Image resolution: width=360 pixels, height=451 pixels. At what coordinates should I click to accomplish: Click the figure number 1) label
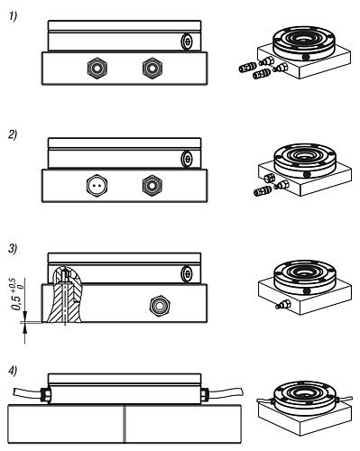pyautogui.click(x=13, y=16)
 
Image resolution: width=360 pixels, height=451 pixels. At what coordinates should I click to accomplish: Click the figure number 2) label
pyautogui.click(x=13, y=134)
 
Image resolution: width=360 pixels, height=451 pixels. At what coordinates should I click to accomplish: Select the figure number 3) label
pyautogui.click(x=13, y=249)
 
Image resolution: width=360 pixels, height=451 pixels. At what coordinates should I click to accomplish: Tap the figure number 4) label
pyautogui.click(x=13, y=372)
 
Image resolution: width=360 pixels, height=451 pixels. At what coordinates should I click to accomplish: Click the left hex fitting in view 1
pyautogui.click(x=97, y=68)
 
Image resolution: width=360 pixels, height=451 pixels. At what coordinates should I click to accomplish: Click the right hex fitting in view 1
pyautogui.click(x=152, y=68)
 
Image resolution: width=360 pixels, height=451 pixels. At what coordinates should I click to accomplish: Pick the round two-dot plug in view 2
pyautogui.click(x=97, y=186)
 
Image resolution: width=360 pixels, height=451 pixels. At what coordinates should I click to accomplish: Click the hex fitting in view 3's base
pyautogui.click(x=161, y=306)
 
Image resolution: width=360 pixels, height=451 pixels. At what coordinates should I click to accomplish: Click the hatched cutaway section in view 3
pyautogui.click(x=65, y=295)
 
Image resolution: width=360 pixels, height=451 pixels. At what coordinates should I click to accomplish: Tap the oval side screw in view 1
pyautogui.click(x=187, y=41)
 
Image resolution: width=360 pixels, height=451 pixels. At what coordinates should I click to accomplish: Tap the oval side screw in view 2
pyautogui.click(x=187, y=159)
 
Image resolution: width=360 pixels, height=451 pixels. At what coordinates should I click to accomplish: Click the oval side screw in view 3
pyautogui.click(x=187, y=274)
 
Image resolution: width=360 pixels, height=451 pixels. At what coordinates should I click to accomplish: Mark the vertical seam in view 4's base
pyautogui.click(x=124, y=424)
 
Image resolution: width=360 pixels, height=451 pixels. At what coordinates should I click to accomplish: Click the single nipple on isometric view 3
pyautogui.click(x=282, y=305)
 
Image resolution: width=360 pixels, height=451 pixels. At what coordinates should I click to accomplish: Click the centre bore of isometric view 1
pyautogui.click(x=304, y=39)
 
